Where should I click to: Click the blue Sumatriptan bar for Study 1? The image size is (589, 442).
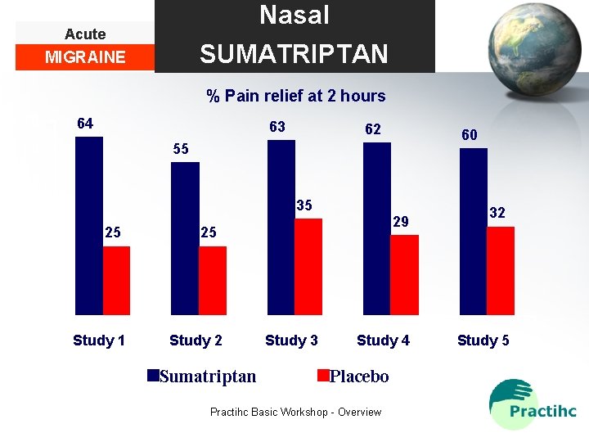point(88,225)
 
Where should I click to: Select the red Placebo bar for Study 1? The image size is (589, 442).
point(116,280)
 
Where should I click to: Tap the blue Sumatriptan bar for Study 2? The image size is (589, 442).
point(185,238)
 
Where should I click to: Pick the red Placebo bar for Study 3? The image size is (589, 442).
point(308,266)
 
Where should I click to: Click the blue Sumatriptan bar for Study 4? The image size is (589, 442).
point(376,228)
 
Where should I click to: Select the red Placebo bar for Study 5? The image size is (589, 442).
point(500,270)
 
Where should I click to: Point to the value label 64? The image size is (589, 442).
point(85,124)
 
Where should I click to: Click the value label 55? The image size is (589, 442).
point(180,149)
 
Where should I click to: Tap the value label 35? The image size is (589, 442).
point(303,205)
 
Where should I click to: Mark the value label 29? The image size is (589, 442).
point(400,222)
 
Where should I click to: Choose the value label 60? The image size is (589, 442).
point(470,135)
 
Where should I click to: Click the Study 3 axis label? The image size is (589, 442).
point(291,341)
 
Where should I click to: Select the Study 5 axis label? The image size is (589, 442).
point(483,341)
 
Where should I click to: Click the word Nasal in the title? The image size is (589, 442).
point(294,16)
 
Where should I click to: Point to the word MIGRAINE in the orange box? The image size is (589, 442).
point(85,57)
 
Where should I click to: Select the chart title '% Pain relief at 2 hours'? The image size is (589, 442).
point(295,96)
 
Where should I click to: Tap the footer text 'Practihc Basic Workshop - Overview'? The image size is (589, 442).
point(295,412)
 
